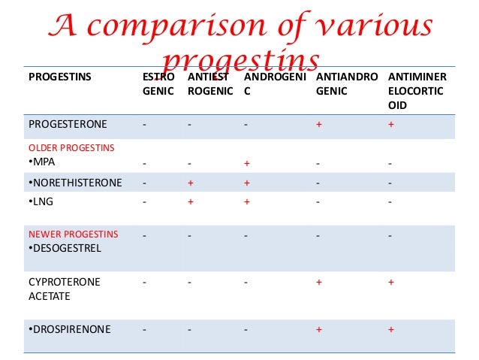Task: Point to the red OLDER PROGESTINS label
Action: click(x=71, y=147)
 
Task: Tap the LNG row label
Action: click(x=38, y=201)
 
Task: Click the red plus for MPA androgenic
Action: click(x=246, y=162)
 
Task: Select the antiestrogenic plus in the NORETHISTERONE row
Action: click(x=191, y=182)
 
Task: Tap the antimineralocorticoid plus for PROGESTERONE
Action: click(x=390, y=123)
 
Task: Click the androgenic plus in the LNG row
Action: click(x=246, y=201)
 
